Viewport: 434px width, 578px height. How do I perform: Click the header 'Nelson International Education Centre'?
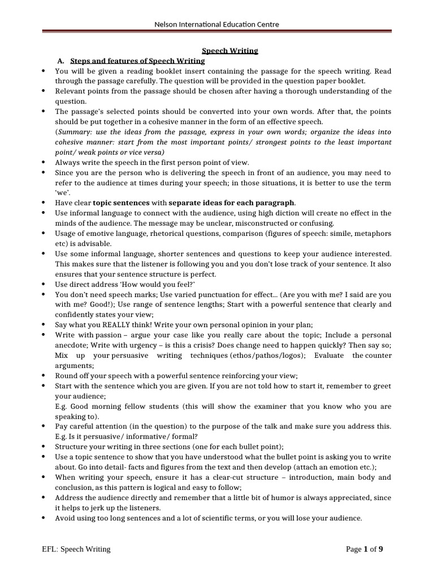pos(217,24)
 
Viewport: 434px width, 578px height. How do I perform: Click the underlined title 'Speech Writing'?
pos(230,51)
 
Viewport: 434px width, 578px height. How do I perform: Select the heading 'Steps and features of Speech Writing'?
pos(137,61)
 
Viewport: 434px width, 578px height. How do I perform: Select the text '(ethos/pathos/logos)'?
pos(265,356)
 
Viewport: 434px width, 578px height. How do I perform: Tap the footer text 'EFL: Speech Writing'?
pos(76,549)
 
